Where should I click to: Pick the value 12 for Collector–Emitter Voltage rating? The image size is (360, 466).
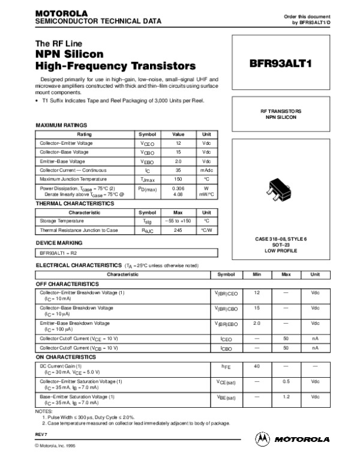pos(178,144)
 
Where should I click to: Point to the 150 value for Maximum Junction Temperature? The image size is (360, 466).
pos(178,179)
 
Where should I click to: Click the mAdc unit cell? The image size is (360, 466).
pos(206,171)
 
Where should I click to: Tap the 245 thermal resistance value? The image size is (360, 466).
pos(178,230)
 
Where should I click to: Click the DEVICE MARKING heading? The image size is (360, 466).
pos(59,243)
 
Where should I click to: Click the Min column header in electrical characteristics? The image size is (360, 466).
pos(257,274)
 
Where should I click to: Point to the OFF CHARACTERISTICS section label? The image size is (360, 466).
pos(67,283)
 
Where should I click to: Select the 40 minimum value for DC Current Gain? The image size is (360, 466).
pos(257,366)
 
